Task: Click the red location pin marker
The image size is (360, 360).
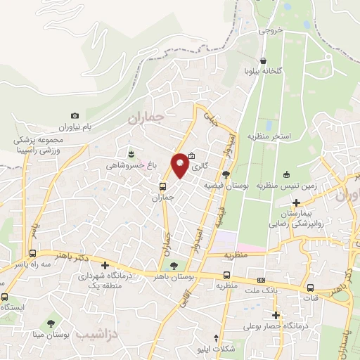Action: tap(181, 165)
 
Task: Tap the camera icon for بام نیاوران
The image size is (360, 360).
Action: tap(75, 116)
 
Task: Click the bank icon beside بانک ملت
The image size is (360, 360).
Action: tap(261, 281)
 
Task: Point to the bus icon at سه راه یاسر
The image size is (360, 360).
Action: tap(32, 253)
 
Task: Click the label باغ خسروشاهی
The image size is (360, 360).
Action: tap(129, 166)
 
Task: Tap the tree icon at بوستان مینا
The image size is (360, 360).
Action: tap(51, 324)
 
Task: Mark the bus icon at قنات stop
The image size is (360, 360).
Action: tap(311, 288)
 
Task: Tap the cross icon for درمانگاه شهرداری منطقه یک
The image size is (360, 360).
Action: tap(105, 266)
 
